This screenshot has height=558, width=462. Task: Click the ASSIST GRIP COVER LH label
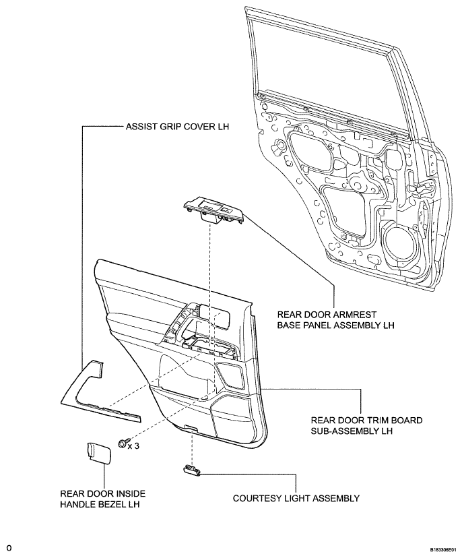(x=177, y=127)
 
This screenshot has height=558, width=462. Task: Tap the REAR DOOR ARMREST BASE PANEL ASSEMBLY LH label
(x=336, y=320)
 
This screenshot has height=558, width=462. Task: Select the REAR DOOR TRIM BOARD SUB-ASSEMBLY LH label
(x=366, y=425)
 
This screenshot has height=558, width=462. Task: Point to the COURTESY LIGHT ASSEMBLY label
(x=296, y=498)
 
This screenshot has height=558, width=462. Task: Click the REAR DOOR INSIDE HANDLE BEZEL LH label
(x=103, y=499)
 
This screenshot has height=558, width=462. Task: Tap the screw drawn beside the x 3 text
(x=121, y=443)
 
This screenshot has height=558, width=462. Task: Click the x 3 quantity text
(x=133, y=445)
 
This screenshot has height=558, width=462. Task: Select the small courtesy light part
(x=192, y=470)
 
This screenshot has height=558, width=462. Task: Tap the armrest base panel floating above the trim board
(x=213, y=212)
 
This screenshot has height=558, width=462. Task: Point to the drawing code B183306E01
(x=442, y=549)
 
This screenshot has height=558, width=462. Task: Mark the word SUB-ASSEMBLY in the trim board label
(x=341, y=431)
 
